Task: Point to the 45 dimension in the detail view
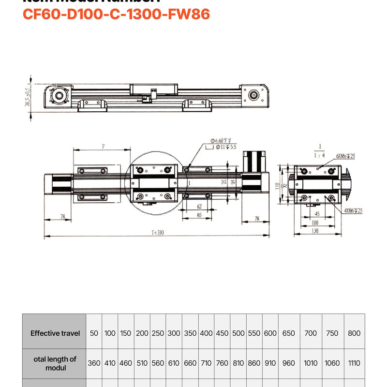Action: (317, 213)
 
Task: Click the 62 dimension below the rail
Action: (199, 206)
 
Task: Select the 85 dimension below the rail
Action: (199, 215)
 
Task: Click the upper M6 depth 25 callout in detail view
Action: (345, 156)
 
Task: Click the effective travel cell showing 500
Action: (238, 333)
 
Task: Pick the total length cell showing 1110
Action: (354, 363)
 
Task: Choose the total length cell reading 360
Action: (94, 363)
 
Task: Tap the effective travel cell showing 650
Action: (289, 333)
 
